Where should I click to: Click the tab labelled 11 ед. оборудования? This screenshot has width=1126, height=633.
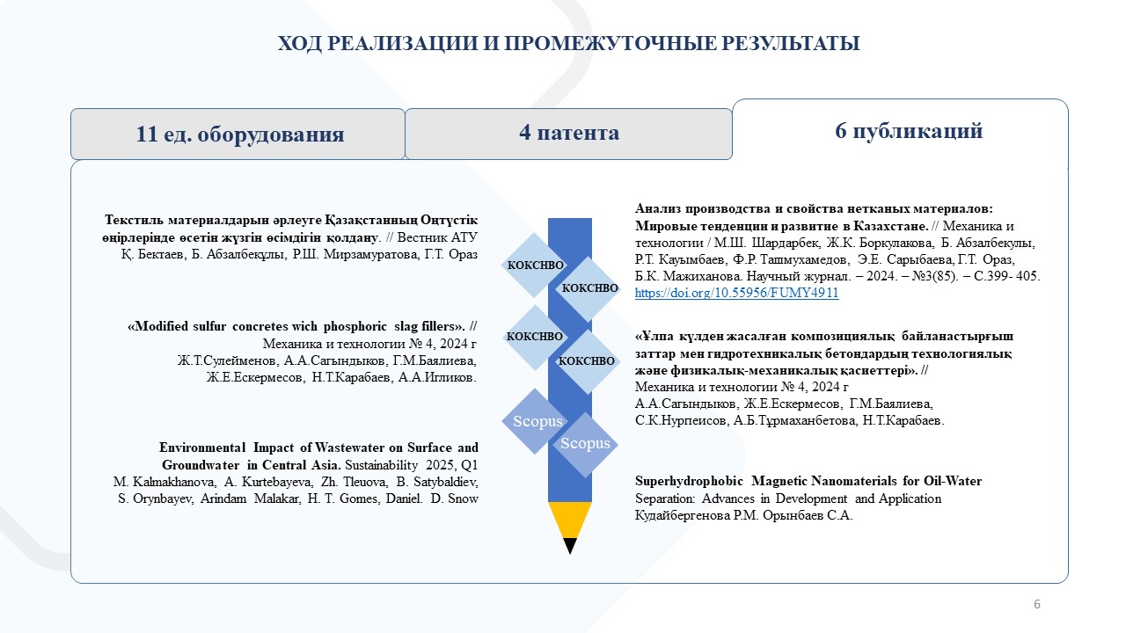pyautogui.click(x=239, y=135)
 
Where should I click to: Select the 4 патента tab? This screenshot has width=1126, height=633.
pyautogui.click(x=568, y=134)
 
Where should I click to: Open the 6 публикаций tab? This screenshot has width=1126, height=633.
pyautogui.click(x=908, y=131)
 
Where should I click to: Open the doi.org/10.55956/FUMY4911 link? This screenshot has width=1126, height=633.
pyautogui.click(x=736, y=294)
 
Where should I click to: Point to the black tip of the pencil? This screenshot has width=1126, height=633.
pyautogui.click(x=570, y=546)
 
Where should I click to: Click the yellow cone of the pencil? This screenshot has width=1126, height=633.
pyautogui.click(x=570, y=519)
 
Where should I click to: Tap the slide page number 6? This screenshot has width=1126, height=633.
pyautogui.click(x=1037, y=604)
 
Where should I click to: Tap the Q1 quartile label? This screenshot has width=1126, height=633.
pyautogui.click(x=467, y=464)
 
